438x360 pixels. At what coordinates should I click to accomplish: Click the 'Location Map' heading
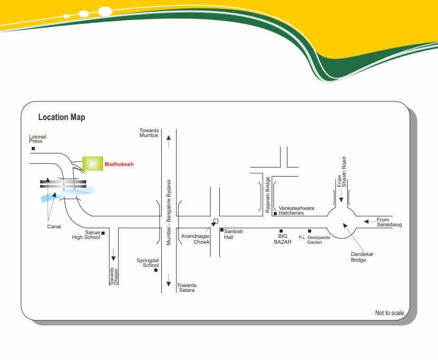[x=61, y=117]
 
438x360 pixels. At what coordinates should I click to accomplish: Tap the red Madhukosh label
[x=119, y=164]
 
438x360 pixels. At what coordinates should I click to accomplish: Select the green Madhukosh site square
[x=92, y=164]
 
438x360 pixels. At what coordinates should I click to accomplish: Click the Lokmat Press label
[x=38, y=139]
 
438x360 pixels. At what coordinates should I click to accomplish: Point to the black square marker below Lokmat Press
[x=33, y=149]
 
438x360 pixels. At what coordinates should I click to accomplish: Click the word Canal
[x=54, y=227]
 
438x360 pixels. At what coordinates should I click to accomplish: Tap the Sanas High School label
[x=86, y=235]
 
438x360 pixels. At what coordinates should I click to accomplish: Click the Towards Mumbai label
[x=149, y=133]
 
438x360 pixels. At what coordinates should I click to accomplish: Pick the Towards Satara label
[x=187, y=288]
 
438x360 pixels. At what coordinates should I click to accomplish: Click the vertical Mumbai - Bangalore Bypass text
[x=169, y=212]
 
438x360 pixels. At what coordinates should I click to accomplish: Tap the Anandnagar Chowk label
[x=195, y=238]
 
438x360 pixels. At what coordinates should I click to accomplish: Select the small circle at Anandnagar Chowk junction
[x=215, y=221]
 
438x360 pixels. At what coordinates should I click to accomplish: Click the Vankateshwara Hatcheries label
[x=296, y=210]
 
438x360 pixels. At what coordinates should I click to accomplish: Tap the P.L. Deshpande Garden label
[x=314, y=239]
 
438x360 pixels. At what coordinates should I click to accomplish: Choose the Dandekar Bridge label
[x=362, y=257]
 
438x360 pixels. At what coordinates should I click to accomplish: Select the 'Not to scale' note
[x=389, y=313]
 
